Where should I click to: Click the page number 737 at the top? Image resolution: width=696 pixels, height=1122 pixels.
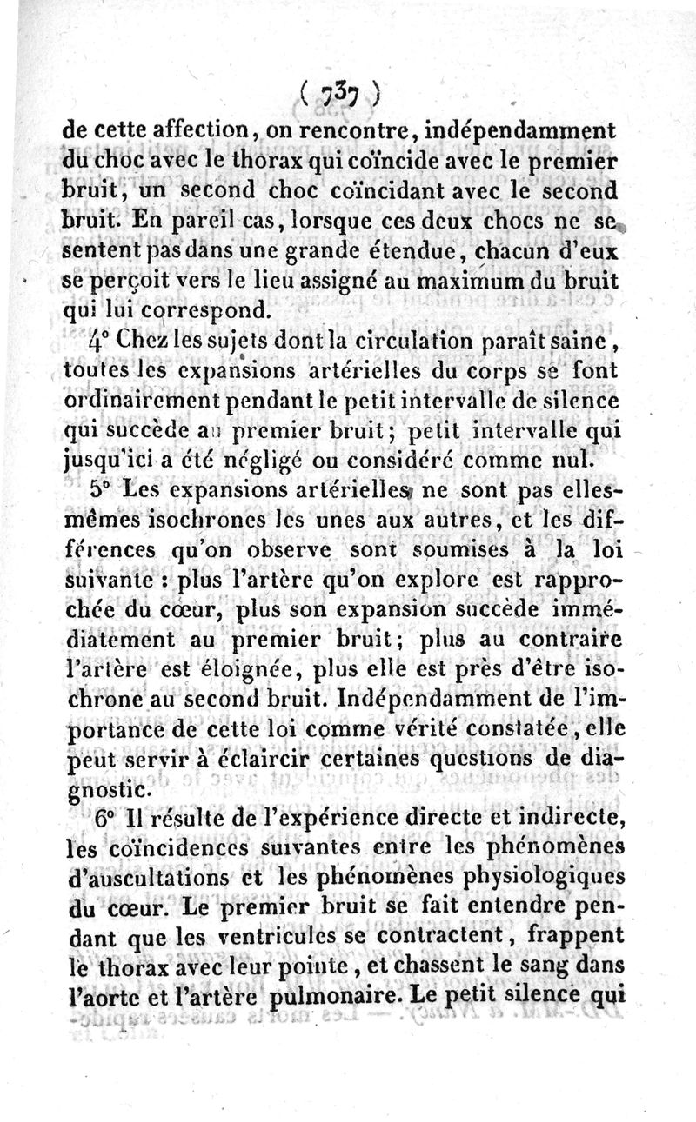pos(341,91)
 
